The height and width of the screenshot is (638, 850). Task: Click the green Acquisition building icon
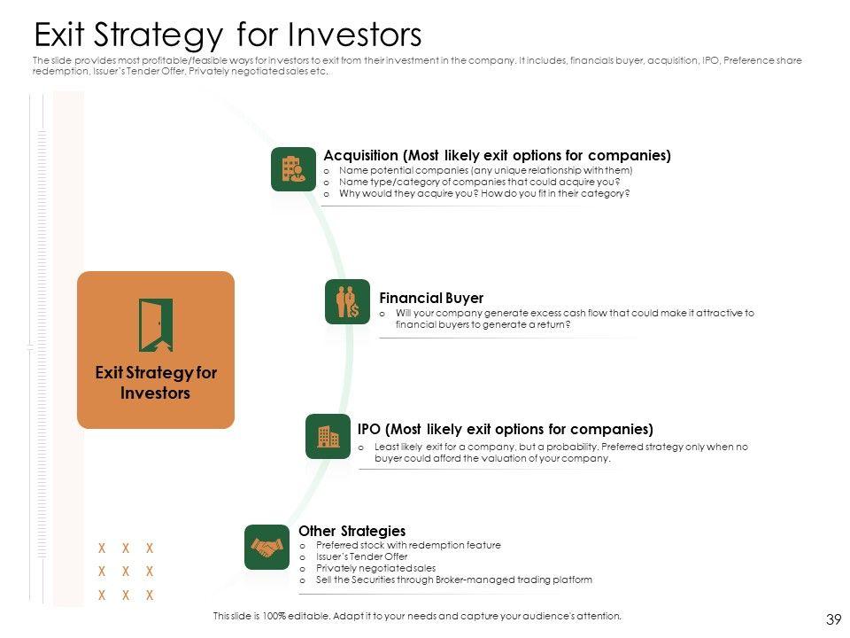pyautogui.click(x=293, y=169)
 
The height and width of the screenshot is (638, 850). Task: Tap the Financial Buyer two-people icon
pyautogui.click(x=347, y=301)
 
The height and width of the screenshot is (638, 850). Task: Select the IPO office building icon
pyautogui.click(x=328, y=436)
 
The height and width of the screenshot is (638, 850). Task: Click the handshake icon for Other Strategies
pyautogui.click(x=267, y=547)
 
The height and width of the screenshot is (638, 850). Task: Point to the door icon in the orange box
pyautogui.click(x=156, y=324)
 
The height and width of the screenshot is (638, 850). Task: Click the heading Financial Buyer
pyautogui.click(x=431, y=298)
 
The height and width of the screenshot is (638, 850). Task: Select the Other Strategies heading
pyautogui.click(x=352, y=531)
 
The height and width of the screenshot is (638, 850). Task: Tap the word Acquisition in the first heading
pyautogui.click(x=360, y=156)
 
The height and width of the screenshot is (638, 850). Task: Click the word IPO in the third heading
pyautogui.click(x=368, y=429)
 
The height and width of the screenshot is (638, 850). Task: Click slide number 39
pyautogui.click(x=834, y=619)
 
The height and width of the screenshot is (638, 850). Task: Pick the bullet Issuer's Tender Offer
pyautogui.click(x=361, y=556)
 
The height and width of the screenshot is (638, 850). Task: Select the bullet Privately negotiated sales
pyautogui.click(x=375, y=568)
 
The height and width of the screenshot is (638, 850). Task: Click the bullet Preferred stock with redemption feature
pyautogui.click(x=408, y=545)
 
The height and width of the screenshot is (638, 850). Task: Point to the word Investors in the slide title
pyautogui.click(x=354, y=35)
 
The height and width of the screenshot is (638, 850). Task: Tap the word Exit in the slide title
pyautogui.click(x=59, y=35)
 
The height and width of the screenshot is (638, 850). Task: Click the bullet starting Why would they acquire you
pyautogui.click(x=484, y=193)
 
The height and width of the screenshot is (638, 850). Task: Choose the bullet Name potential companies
pyautogui.click(x=486, y=170)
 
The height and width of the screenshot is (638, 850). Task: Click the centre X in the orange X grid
pyautogui.click(x=126, y=572)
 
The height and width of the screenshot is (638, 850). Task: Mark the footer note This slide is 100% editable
pyautogui.click(x=417, y=616)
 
